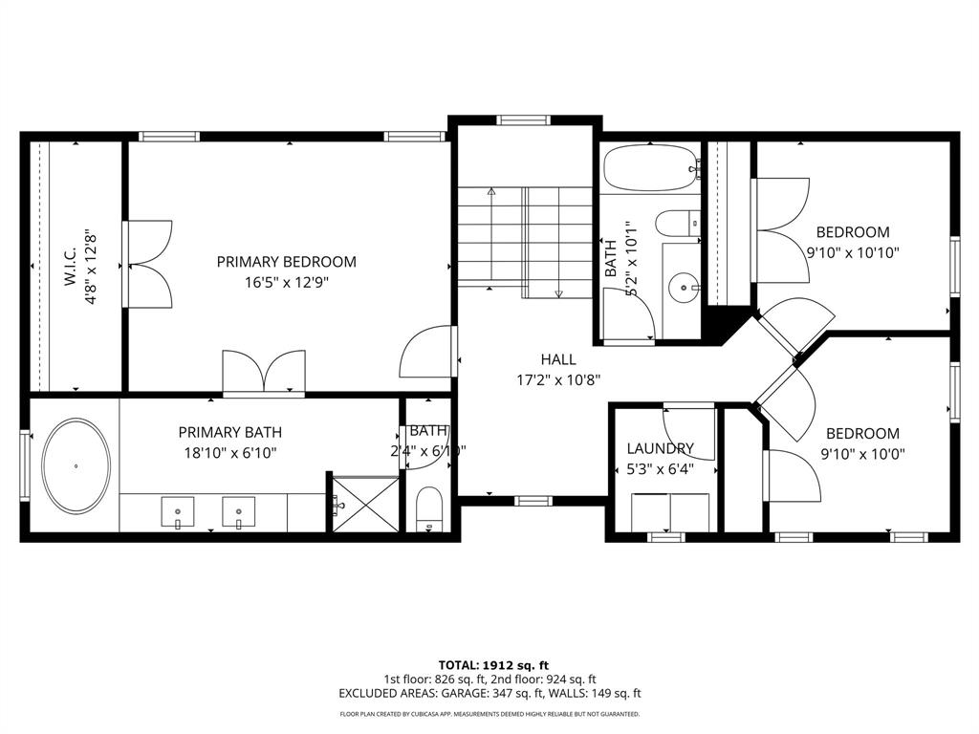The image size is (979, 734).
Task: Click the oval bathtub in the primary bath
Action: coord(76,465)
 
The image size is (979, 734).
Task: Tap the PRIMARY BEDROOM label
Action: coord(286,262)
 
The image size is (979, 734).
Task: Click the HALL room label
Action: coord(558,359)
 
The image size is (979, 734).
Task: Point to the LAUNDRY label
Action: coord(660,448)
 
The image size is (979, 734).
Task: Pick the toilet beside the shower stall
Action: coord(430,509)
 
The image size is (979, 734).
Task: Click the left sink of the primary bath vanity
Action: coord(178,512)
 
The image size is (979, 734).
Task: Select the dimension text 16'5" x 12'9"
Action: coord(286,283)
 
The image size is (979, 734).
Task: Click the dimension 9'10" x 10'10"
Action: coord(852,253)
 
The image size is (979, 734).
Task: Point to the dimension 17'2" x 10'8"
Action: coord(558,379)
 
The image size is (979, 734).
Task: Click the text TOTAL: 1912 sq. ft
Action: coord(493,665)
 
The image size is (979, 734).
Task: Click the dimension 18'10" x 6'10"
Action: coord(229,453)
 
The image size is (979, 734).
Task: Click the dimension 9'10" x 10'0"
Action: coord(862,454)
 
